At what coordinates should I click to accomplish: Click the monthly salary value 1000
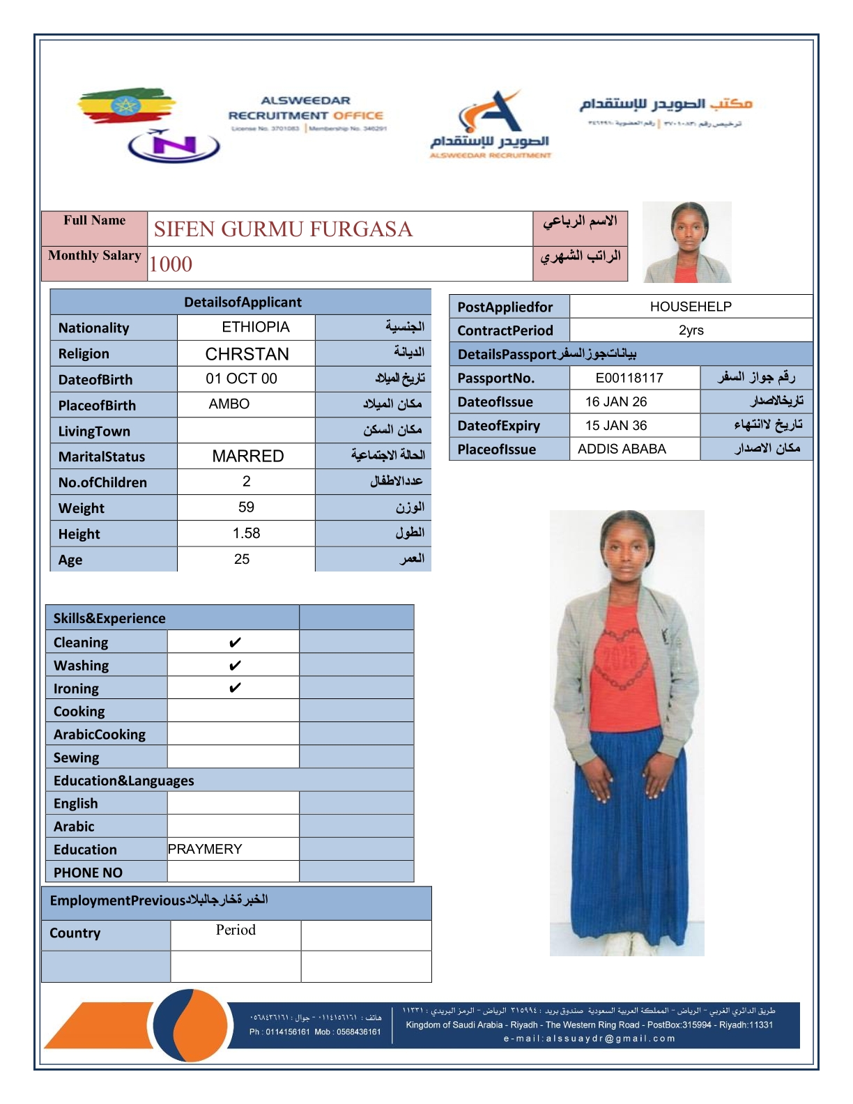coord(171,264)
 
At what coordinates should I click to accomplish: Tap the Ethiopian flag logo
coord(125,106)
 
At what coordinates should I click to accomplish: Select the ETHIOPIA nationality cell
coord(255,327)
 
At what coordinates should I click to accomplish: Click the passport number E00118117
coord(629,378)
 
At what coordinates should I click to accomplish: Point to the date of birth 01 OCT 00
coord(241,378)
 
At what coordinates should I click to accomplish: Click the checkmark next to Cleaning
coord(235,642)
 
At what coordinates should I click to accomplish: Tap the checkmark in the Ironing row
coord(235,688)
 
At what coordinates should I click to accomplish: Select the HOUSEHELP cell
coord(690,307)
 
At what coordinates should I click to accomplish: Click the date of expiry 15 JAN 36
coord(616,425)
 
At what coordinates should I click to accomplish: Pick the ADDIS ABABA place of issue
coord(622,449)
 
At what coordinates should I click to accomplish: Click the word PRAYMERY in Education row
coord(205,849)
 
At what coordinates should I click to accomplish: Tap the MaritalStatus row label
coord(102,457)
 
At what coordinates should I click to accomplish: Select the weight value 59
coord(246,507)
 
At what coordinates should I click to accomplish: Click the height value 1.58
coord(246,533)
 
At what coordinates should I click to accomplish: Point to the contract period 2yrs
coord(691,330)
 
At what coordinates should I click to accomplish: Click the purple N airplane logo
coord(174,146)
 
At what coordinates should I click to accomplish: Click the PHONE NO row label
coord(88,873)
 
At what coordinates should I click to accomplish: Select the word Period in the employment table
coord(236,930)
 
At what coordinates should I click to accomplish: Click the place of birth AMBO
coord(229,404)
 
